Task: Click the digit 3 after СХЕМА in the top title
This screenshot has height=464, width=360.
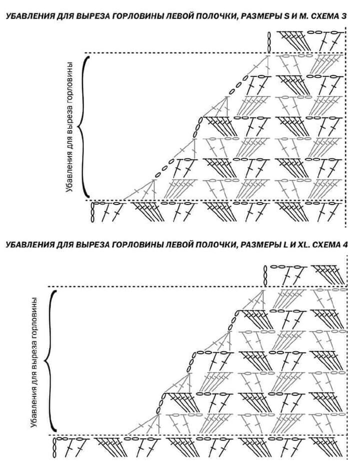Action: (x=343, y=16)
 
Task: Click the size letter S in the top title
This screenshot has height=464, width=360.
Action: (x=286, y=16)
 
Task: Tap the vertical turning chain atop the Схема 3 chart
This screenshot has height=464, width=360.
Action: (x=269, y=42)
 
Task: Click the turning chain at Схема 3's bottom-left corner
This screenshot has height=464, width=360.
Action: (x=92, y=212)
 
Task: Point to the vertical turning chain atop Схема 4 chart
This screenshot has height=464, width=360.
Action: (x=265, y=275)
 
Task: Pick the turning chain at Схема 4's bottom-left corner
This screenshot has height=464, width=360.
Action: (x=54, y=447)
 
